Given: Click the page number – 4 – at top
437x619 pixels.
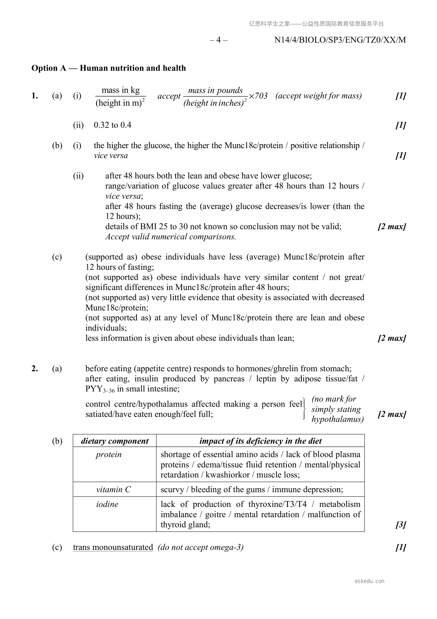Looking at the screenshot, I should pos(219,40).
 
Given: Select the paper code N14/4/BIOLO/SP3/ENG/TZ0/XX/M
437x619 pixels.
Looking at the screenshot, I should pos(340,40).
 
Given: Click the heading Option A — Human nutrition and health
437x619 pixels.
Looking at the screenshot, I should pos(109,68).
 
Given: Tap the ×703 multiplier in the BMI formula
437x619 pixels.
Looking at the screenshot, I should pos(258,96).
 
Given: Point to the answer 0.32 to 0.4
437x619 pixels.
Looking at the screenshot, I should pos(112,125).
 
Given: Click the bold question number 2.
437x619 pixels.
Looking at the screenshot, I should pos(35,369).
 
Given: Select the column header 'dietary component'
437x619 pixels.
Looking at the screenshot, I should pos(115,441).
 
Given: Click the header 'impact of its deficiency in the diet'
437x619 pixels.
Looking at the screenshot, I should pos(260,441).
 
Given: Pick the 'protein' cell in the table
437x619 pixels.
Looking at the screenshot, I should pos(109,455).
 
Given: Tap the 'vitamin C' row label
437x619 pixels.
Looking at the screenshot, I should pos(113,490).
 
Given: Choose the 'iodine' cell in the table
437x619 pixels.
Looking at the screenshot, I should pos(107,504).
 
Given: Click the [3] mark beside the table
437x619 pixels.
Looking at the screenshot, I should pos(401,525).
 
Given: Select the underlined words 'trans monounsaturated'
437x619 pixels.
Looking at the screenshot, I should pos(113,547).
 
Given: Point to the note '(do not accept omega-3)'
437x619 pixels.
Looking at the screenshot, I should pos(201,547).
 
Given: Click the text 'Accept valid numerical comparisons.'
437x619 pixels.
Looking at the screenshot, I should pos(171,237).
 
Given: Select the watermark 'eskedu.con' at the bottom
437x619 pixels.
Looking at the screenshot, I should pos(370,581).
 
